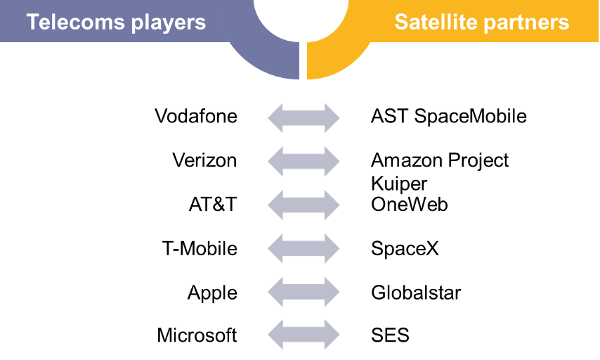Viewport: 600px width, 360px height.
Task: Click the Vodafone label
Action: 196,116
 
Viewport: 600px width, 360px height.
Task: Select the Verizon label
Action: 204,160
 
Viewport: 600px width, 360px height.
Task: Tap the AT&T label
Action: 213,204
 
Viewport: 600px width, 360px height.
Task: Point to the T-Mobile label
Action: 200,248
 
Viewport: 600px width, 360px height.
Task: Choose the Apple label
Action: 212,293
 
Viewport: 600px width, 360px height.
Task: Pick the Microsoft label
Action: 197,335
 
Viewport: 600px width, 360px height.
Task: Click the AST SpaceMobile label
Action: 449,116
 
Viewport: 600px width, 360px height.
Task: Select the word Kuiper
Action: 399,184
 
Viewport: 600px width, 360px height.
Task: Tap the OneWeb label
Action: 410,204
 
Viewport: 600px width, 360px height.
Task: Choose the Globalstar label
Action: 416,293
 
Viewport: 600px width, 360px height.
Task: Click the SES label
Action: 391,335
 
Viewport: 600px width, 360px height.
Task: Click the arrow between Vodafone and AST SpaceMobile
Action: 304,117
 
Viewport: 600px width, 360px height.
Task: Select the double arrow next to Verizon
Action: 304,161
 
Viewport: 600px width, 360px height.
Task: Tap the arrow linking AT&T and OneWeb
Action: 304,205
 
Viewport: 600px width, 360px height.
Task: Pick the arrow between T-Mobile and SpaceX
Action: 304,248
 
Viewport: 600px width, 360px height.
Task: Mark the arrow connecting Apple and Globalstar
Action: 304,292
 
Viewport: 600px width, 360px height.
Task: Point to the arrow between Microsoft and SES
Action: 304,335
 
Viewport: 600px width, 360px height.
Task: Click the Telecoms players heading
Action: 117,22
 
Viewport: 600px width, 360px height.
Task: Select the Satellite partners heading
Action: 482,22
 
